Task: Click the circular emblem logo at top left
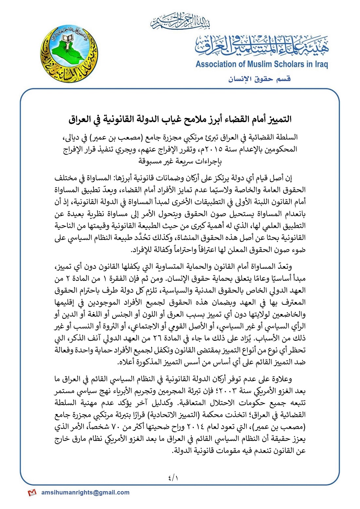(x=69, y=54)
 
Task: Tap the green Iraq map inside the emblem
(x=67, y=52)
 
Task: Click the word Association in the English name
(x=216, y=64)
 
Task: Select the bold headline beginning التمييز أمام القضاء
(x=180, y=119)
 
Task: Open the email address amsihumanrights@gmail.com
(x=85, y=492)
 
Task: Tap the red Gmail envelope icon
(x=32, y=493)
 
